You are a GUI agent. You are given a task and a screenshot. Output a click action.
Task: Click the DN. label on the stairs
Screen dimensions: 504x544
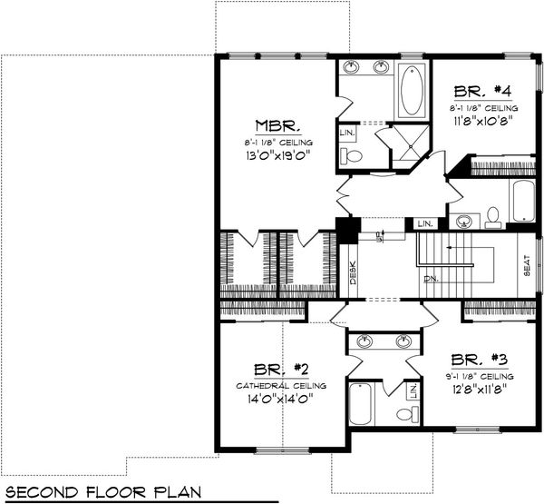click(430, 279)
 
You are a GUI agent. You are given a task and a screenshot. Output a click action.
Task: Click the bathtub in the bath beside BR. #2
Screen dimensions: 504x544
click(358, 402)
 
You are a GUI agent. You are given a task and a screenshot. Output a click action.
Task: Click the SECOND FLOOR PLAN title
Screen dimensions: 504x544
click(107, 492)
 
